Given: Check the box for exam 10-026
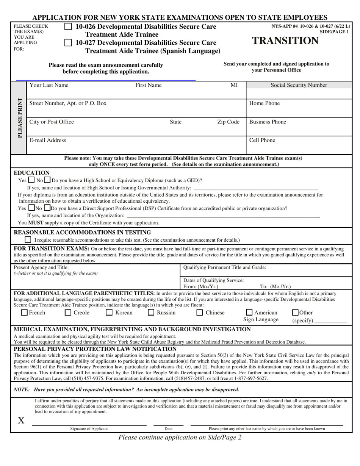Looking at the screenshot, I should coord(68,27).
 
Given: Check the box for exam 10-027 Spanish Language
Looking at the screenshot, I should coord(68,43).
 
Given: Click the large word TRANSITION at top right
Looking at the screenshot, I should coord(285,41).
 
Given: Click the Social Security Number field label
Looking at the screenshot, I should coord(299,85).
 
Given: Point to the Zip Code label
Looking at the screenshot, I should coord(228,122).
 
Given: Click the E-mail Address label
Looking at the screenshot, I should coord(48,140).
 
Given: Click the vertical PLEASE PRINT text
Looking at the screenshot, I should coord(20,118).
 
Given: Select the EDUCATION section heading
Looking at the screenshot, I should coord(32,173).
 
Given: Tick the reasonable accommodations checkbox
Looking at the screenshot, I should coord(28,239).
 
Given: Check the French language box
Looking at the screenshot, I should coord(24,313).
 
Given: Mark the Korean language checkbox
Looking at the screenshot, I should coord(109,313).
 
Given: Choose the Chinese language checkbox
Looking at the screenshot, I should coord(200,313).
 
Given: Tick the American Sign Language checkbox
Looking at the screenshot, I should coord(249,313).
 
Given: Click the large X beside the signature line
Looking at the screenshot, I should coord(21,420).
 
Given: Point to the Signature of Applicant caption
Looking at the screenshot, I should coord(89,428).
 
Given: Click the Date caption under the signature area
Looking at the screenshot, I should coord(168,428).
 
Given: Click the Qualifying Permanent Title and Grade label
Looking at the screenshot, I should coord(225,267).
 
